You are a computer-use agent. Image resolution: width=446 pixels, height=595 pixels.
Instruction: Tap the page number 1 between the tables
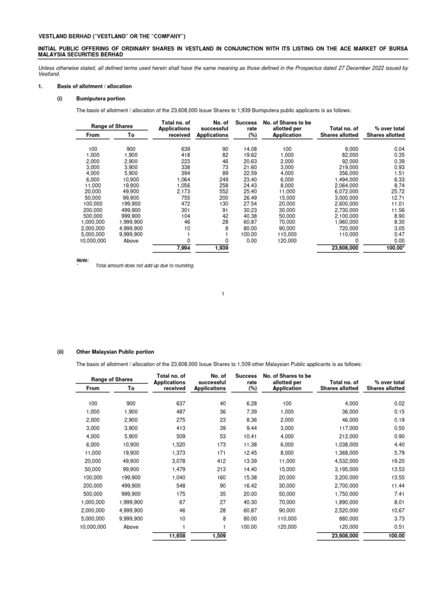pyautogui.click(x=222, y=293)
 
